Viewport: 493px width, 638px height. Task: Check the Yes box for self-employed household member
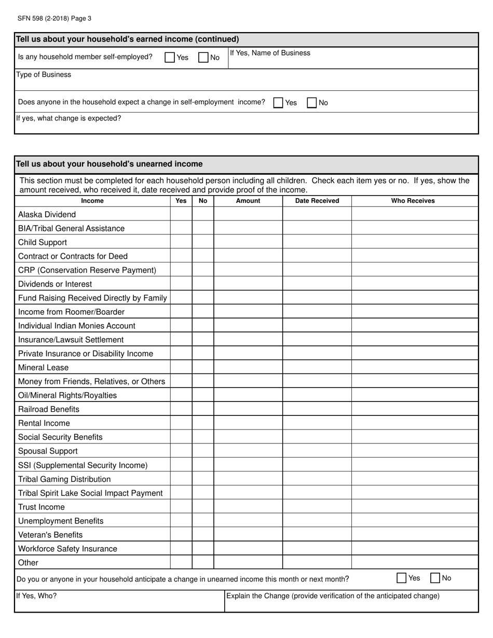170,58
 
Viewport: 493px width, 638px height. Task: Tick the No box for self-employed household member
203,58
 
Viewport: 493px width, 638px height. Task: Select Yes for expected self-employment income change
278,103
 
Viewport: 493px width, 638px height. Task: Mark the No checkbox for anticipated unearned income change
435,578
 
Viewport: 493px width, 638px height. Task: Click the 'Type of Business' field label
44,75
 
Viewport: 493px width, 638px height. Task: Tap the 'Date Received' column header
317,201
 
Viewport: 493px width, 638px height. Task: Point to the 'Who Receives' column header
413,201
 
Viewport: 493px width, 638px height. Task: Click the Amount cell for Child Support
248,242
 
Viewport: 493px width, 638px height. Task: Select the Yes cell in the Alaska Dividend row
181,214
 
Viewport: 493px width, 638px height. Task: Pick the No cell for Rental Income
203,423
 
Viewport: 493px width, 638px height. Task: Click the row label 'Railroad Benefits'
49,409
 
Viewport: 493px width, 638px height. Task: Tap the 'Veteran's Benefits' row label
50,535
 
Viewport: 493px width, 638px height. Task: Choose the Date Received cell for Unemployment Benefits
317,521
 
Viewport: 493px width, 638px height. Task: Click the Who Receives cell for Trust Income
415,507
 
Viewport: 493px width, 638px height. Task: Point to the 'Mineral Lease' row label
43,367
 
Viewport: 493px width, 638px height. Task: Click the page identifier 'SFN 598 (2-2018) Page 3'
54,18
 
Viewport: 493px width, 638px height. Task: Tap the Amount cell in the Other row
248,563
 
